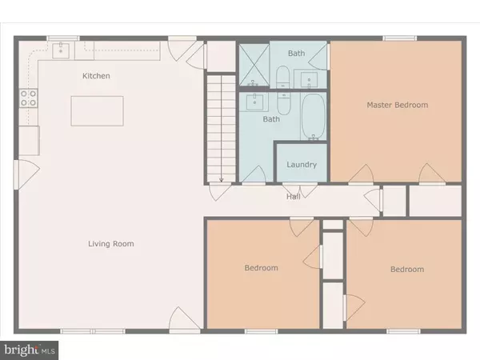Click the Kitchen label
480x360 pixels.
(x=96, y=76)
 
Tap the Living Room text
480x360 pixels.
(x=111, y=244)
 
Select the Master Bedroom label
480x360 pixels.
(x=398, y=105)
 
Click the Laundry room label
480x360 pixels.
(x=302, y=165)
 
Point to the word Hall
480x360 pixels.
(x=294, y=197)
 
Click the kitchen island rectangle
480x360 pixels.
(x=98, y=111)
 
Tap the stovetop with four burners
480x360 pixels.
(x=29, y=98)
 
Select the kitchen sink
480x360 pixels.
(x=61, y=50)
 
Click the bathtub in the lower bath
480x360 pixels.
(x=313, y=117)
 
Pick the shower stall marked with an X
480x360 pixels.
(x=254, y=65)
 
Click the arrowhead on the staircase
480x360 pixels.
(x=222, y=180)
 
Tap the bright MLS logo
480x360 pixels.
(x=29, y=350)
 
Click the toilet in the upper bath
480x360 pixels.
(x=282, y=77)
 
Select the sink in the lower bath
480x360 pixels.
(x=254, y=102)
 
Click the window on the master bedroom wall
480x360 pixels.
(x=400, y=38)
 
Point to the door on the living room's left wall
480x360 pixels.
(x=26, y=174)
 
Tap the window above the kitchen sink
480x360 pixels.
(x=63, y=38)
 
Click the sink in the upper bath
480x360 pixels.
(x=309, y=79)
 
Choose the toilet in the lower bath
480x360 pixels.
(x=284, y=103)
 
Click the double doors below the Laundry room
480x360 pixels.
(x=300, y=190)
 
